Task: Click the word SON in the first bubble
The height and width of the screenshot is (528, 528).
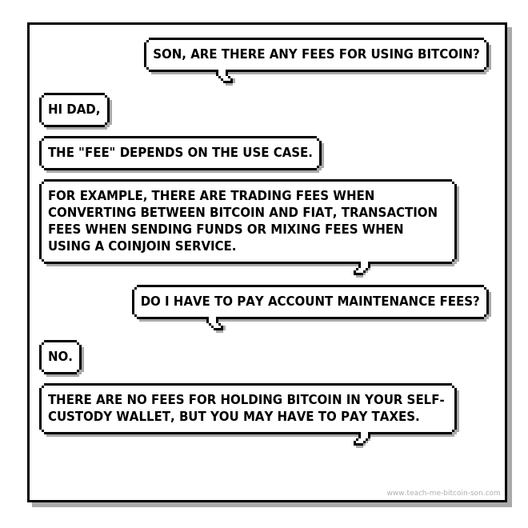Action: click(168, 55)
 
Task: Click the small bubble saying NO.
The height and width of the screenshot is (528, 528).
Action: click(61, 357)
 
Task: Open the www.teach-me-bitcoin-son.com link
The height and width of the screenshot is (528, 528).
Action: click(443, 493)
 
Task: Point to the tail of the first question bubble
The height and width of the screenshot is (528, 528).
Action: click(226, 78)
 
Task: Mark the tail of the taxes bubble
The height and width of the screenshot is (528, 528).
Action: click(362, 439)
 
